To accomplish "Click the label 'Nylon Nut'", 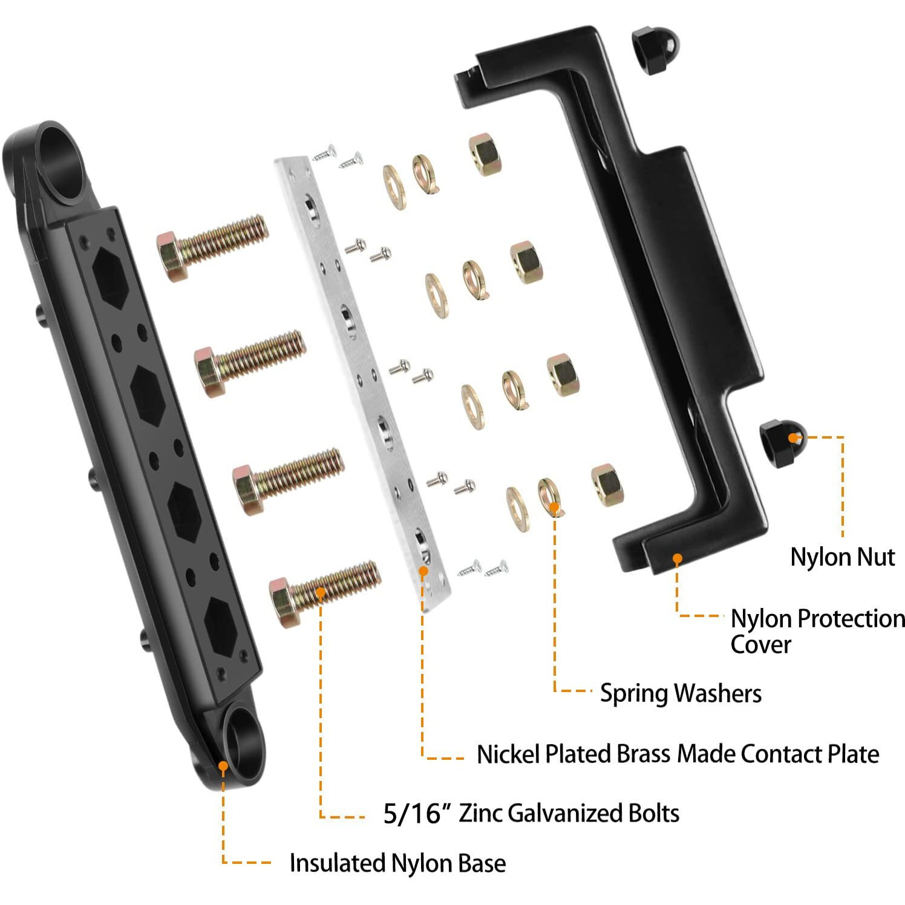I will (x=842, y=557).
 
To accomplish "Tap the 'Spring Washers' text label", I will (x=680, y=693).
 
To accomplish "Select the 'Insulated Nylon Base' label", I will (x=397, y=863).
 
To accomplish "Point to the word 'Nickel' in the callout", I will (x=507, y=754).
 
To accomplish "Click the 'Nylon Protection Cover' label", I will (x=817, y=630).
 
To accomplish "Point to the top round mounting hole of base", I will (x=65, y=162).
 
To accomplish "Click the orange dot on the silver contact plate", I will (x=423, y=570).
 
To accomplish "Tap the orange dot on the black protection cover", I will (x=677, y=559).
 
